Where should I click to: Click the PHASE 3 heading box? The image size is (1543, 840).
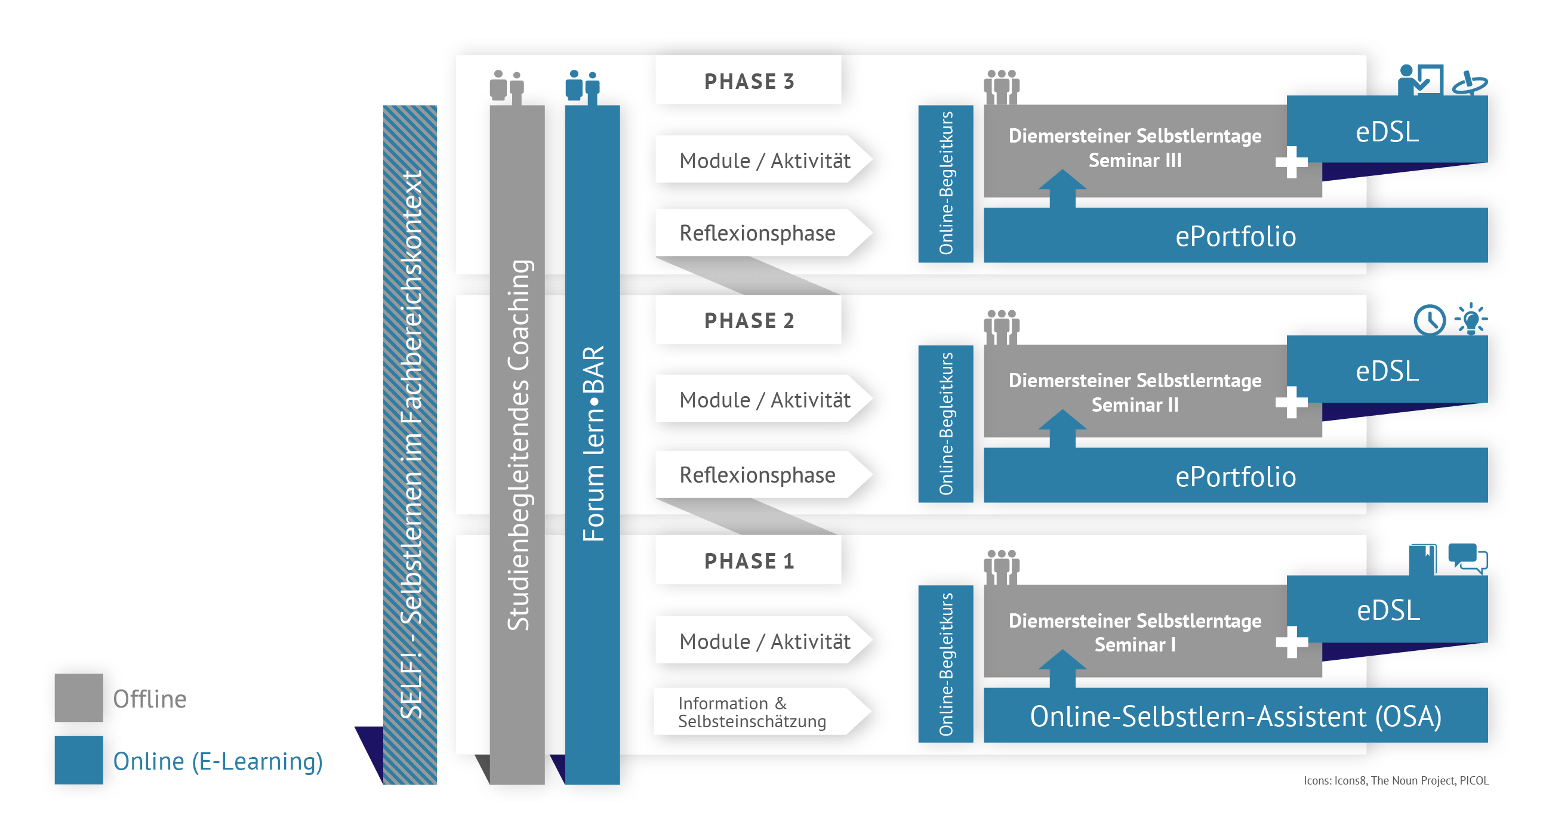click(748, 81)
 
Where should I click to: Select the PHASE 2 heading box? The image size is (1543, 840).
click(748, 320)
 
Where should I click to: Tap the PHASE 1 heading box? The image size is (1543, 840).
click(748, 561)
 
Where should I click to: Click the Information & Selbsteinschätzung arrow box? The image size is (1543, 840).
click(754, 712)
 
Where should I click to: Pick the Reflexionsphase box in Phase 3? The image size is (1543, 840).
click(757, 233)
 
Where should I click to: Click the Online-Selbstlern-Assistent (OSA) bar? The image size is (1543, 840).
click(1235, 716)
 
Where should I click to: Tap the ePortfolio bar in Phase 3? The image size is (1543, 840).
click(1235, 236)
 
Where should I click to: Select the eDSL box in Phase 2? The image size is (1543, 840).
click(1387, 370)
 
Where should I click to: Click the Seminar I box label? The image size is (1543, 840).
click(1135, 644)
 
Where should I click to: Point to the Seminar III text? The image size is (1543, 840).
click(1135, 160)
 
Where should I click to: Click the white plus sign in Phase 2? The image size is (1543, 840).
click(1292, 402)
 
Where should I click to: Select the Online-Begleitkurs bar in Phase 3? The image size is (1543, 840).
click(945, 183)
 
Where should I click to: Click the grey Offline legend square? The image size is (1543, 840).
click(78, 697)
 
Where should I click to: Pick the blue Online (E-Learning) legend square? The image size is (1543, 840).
click(78, 760)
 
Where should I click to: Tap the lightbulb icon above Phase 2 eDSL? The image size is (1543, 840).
click(1471, 319)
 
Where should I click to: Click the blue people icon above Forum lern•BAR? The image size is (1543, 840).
click(582, 87)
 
